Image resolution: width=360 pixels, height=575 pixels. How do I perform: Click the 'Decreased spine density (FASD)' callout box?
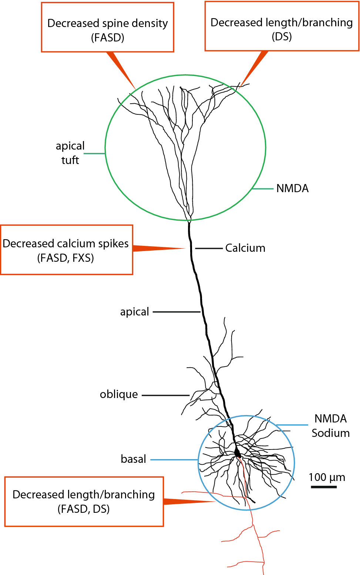107,27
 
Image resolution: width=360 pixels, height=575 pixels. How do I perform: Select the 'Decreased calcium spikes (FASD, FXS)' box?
67,250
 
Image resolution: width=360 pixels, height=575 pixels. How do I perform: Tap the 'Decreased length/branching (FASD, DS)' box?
84,501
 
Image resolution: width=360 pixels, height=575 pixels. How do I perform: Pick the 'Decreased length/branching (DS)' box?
282,27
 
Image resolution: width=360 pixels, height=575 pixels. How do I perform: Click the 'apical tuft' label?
70,153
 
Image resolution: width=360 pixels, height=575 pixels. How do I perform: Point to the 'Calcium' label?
245,248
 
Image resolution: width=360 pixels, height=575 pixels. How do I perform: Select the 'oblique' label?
119,394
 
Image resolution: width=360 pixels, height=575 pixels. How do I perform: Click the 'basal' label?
133,459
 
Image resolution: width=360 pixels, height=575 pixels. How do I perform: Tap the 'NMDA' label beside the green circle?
292,188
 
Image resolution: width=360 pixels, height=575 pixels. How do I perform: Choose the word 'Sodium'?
330,433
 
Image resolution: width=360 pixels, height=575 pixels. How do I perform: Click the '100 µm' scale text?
327,477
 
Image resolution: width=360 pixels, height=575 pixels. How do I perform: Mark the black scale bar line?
323,487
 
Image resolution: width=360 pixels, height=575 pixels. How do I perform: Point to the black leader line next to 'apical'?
176,312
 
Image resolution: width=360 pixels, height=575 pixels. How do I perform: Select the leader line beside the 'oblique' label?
165,395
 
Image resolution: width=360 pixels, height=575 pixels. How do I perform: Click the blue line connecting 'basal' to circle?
174,460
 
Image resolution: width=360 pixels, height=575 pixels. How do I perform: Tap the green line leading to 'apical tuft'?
94,153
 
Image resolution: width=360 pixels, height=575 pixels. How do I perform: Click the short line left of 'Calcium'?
209,248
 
